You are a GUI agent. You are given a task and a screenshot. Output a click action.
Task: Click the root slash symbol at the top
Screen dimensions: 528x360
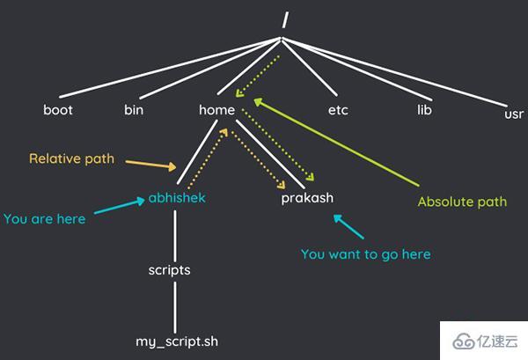click(285, 19)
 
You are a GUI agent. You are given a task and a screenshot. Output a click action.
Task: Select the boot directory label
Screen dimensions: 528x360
click(58, 110)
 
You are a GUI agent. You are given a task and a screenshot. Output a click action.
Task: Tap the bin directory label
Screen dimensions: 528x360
click(134, 110)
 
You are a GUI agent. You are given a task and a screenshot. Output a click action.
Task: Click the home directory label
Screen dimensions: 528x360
click(216, 110)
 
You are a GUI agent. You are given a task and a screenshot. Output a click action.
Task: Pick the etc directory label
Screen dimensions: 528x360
click(338, 110)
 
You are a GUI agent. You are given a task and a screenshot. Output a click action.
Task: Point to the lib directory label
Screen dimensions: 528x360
click(424, 110)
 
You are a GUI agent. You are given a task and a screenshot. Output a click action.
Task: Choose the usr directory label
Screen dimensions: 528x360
click(514, 114)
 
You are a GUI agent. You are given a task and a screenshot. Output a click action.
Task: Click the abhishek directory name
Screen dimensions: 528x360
click(177, 198)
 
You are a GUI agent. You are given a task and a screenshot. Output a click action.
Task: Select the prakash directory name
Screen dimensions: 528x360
click(307, 198)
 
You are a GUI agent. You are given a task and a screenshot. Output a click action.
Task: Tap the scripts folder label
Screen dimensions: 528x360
click(169, 270)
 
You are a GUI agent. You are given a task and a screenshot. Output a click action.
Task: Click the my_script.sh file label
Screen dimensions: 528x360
click(177, 342)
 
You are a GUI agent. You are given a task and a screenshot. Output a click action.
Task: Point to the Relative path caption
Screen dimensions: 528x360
click(72, 158)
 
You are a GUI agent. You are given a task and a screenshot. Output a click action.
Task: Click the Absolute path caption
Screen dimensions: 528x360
click(462, 202)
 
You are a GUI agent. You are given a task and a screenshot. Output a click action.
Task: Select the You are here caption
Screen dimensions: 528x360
click(45, 219)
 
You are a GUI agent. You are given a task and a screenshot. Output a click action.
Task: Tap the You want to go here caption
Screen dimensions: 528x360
click(366, 254)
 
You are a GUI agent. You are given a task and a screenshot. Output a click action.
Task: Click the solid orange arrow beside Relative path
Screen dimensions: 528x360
click(150, 165)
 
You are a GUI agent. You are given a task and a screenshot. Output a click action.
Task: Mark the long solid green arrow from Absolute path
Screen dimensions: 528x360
click(336, 142)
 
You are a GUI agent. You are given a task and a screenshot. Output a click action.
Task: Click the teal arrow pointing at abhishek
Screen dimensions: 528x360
click(120, 205)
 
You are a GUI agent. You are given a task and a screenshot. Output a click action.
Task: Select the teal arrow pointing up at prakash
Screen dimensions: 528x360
click(348, 226)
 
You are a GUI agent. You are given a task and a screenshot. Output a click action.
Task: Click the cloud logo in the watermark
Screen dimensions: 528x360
click(464, 341)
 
